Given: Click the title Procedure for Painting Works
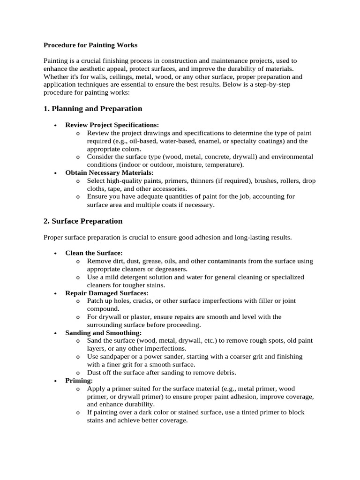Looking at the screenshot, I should click(90, 45).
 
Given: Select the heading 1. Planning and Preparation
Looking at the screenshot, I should click(92, 109).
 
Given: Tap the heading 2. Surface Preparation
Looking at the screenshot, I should click(82, 221).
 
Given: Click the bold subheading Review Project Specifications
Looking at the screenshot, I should click(112, 125).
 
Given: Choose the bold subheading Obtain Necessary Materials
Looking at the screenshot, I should click(109, 173).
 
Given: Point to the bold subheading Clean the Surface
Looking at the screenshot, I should click(94, 253).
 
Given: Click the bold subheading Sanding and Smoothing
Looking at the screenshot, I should click(103, 333).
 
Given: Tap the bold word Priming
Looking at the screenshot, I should click(79, 381).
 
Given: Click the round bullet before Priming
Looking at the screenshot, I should click(55, 381).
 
